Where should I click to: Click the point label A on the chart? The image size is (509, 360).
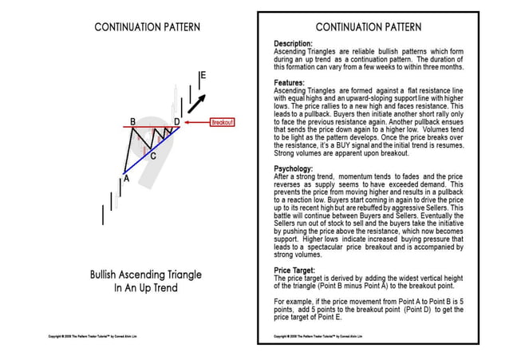coord(125,180)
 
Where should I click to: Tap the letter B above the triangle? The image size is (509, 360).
coord(132,121)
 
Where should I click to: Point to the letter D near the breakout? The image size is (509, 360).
coord(177,121)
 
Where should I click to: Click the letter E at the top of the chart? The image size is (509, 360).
coord(203,76)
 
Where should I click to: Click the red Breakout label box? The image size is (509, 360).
coord(222,123)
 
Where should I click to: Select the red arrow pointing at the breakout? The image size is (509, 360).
coord(196,123)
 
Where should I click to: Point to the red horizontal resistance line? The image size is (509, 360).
coord(152,127)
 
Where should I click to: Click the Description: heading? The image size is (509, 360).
coord(294,44)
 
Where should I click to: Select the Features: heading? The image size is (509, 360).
coord(290,82)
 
